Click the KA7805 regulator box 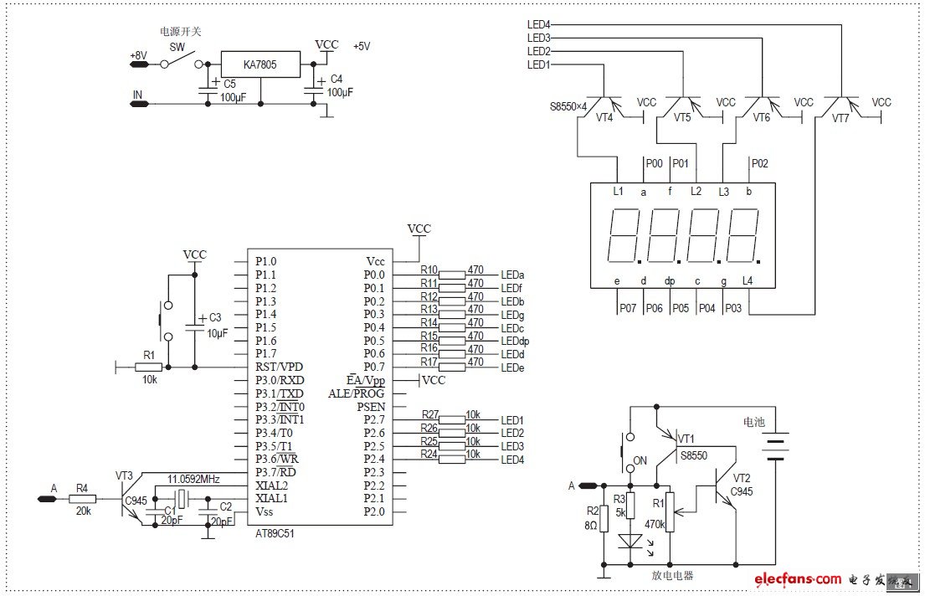pyautogui.click(x=260, y=64)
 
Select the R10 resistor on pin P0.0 pyautogui.click(x=452, y=275)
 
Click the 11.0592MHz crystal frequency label pyautogui.click(x=194, y=479)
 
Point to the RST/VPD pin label pyautogui.click(x=280, y=367)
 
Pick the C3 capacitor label pyautogui.click(x=215, y=317)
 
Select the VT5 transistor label pyautogui.click(x=682, y=118)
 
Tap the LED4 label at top pyautogui.click(x=538, y=24)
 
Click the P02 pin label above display pyautogui.click(x=759, y=164)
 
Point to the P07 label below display pyautogui.click(x=628, y=308)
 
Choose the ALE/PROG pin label pyautogui.click(x=357, y=393)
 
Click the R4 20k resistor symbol pyautogui.click(x=82, y=499)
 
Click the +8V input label pyautogui.click(x=138, y=56)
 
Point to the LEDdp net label pyautogui.click(x=515, y=341)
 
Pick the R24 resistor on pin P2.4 pyautogui.click(x=452, y=459)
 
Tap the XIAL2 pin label pyautogui.click(x=272, y=486)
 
